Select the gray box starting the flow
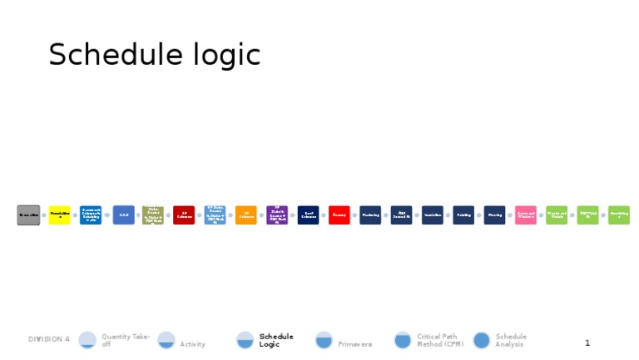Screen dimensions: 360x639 [28, 215]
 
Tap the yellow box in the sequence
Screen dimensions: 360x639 [59, 215]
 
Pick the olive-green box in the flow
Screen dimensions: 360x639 [152, 215]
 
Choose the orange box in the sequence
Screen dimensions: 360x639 [246, 215]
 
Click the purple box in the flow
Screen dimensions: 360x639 [277, 215]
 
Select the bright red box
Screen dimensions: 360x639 [339, 215]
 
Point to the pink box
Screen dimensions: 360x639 [526, 215]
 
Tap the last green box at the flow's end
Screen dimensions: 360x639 [619, 215]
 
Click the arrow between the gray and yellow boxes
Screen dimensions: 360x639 [44, 215]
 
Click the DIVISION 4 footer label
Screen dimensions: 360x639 [49, 339]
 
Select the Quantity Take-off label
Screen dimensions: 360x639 [126, 340]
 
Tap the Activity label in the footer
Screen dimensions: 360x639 [192, 344]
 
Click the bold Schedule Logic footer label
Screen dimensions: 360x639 [276, 340]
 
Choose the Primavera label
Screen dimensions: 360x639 [354, 344]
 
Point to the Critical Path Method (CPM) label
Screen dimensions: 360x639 [440, 340]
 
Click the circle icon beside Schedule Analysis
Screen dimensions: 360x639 [482, 340]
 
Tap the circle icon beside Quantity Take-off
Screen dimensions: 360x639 [87, 340]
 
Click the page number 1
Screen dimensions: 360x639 [587, 343]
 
